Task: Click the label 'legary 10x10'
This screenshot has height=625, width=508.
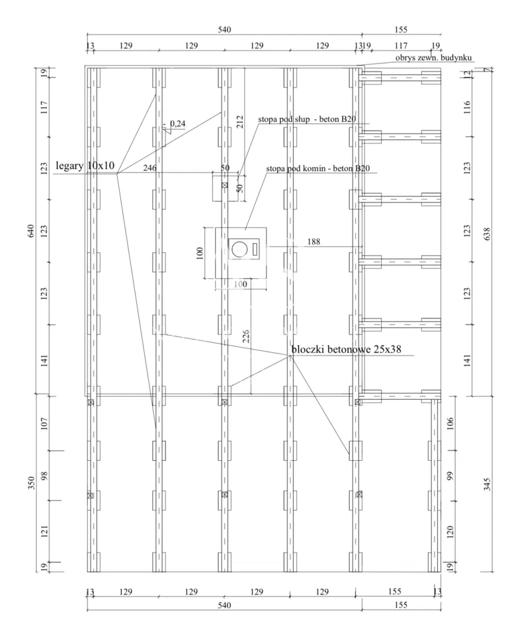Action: point(85,166)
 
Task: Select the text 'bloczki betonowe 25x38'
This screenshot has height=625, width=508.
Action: point(347,350)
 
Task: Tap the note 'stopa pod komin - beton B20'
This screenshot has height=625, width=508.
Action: point(317,168)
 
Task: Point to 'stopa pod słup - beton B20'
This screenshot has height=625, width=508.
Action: point(307,119)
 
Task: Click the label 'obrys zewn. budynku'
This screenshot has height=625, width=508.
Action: point(433,58)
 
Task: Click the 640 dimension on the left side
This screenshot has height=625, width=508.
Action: point(32,231)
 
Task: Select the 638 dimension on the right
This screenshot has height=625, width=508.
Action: point(487,234)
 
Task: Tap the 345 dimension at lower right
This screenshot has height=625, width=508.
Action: point(487,484)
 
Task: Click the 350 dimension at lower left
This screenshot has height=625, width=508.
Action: point(32,482)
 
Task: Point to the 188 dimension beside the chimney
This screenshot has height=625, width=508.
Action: point(314,241)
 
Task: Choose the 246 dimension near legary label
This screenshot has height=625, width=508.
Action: point(149,168)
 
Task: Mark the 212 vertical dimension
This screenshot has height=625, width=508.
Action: point(240,122)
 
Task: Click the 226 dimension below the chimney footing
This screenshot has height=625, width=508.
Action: point(245,336)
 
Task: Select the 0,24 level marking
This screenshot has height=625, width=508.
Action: point(178,124)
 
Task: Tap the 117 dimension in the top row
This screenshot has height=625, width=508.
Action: point(402,46)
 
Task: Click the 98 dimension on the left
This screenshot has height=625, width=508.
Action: point(44,475)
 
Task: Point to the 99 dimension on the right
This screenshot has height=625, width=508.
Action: point(450,475)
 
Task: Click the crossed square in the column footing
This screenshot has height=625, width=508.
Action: point(224,185)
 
